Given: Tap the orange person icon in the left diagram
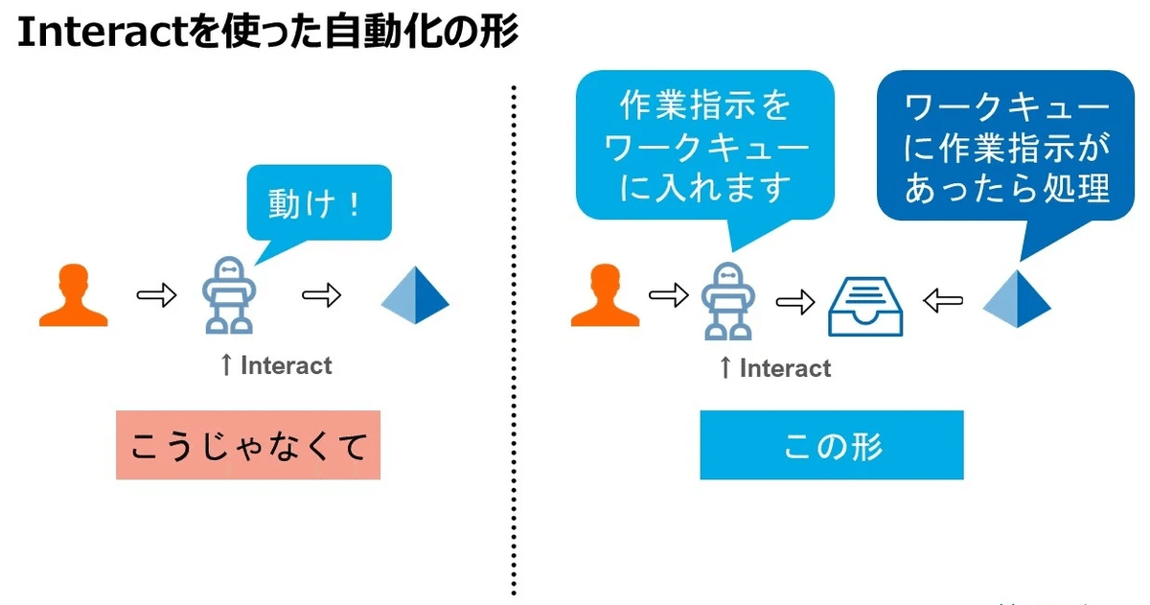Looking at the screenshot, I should (73, 296).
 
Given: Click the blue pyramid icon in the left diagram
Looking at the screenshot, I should (415, 297).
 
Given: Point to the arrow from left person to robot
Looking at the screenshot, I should (156, 295).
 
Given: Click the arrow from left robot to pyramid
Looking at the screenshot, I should (322, 295).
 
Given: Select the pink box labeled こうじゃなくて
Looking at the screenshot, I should (248, 445).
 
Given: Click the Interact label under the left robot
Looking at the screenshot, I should (286, 365).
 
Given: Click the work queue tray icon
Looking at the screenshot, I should (866, 305).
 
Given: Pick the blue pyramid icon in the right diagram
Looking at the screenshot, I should (1017, 299).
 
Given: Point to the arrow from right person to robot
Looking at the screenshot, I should (669, 295).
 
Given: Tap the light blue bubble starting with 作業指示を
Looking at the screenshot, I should (704, 148).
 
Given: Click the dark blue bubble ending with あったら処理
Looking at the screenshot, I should (1006, 148).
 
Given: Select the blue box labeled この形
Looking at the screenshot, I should (831, 445).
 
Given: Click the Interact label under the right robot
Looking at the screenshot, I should (785, 368).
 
